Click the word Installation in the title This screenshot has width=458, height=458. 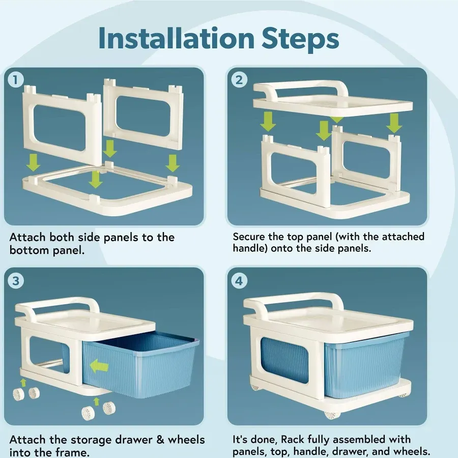(177, 39)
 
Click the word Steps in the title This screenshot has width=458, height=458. (300, 39)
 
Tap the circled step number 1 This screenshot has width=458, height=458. (16, 80)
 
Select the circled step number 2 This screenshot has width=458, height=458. (239, 80)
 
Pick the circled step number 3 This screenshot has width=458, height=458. (16, 281)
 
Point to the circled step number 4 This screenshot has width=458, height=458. (239, 281)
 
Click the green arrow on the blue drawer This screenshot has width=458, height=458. (99, 366)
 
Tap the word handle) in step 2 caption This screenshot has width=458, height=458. (250, 248)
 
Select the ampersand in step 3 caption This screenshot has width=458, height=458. (160, 440)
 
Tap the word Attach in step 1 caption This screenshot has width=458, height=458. (27, 237)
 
